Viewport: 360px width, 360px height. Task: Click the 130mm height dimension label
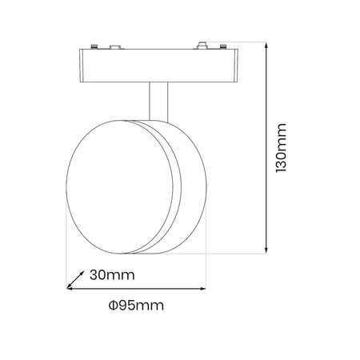pos(281,149)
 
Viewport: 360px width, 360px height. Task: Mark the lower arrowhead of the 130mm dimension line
pos(265,250)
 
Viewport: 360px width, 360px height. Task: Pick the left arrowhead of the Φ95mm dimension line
pos(69,289)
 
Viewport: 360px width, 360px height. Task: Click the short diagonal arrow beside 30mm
pos(74,279)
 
